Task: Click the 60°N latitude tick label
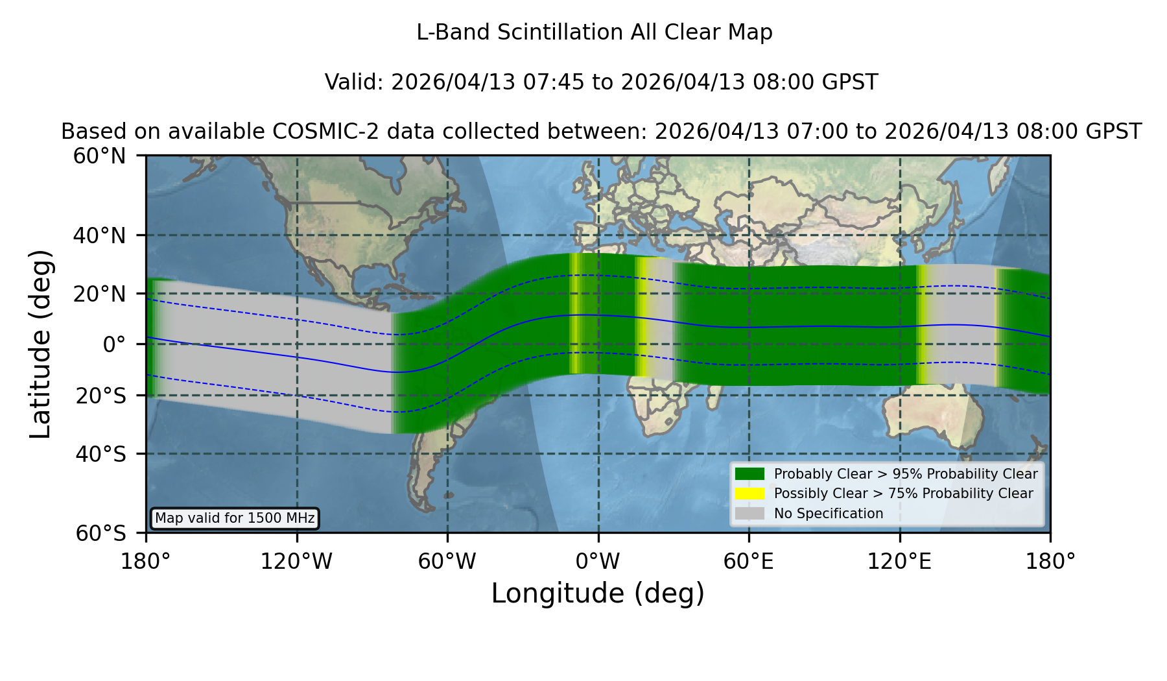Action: [x=99, y=156]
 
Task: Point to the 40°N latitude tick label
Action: [x=99, y=235]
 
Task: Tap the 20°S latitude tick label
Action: [x=100, y=396]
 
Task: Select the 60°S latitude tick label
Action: [x=100, y=533]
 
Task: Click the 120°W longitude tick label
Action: [x=296, y=561]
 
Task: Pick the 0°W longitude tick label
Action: [x=598, y=561]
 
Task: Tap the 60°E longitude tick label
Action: [x=749, y=561]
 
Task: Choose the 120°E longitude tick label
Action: [x=899, y=561]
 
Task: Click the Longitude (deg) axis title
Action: [x=598, y=593]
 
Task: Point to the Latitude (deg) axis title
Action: [x=41, y=344]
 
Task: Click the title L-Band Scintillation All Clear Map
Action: [x=595, y=32]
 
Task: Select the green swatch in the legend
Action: [x=749, y=473]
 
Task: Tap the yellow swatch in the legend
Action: [x=749, y=494]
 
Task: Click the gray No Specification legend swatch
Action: [x=749, y=514]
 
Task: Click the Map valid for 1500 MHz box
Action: [x=235, y=518]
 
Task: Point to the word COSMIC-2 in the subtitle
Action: [x=316, y=132]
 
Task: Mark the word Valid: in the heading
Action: [x=355, y=82]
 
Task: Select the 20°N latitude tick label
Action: [x=99, y=294]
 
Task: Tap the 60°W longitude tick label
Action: [x=447, y=561]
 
